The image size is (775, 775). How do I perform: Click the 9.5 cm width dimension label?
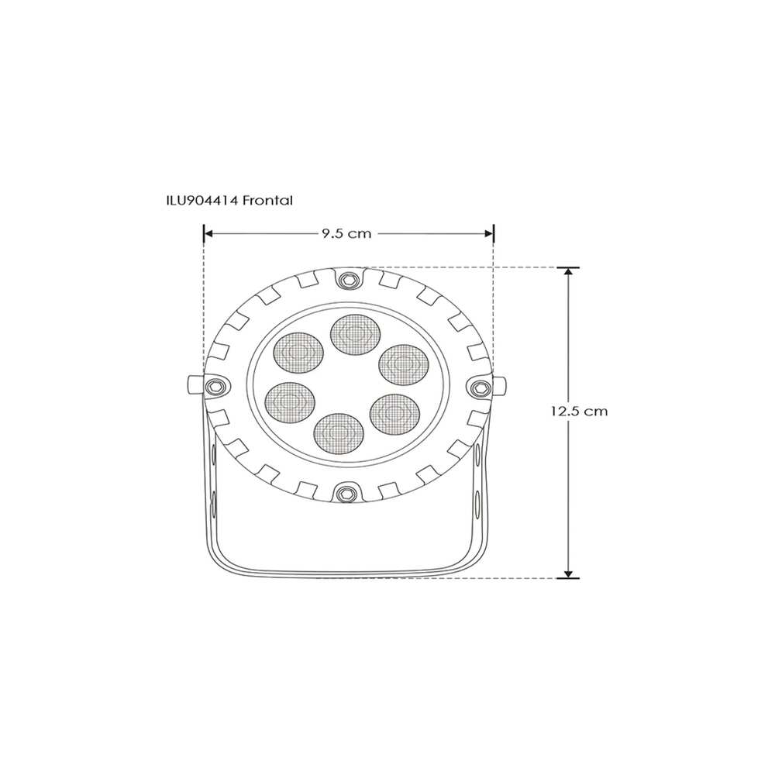point(346,233)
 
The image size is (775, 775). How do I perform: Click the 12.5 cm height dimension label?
point(580,411)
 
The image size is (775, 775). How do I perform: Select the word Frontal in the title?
point(267,200)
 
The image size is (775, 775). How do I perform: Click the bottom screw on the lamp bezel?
point(345,491)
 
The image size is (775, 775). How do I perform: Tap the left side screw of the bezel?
point(215,385)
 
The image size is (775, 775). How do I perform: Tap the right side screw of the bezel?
point(480,385)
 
